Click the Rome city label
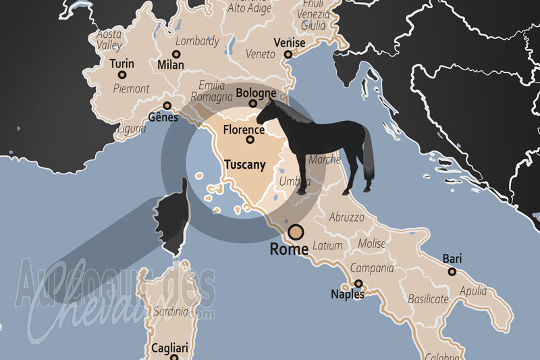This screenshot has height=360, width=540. tap(289, 249)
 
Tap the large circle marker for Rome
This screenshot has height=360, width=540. tap(296, 233)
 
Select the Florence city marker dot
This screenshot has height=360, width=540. tap(250, 140)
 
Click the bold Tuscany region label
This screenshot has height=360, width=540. tap(244, 164)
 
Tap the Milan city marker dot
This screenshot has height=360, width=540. tap(177, 54)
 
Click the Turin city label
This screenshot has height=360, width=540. tap(122, 64)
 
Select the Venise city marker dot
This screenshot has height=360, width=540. tap(288, 54)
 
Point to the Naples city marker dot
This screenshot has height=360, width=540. tap(358, 284)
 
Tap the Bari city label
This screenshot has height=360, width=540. tap(452, 259)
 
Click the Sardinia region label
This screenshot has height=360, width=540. tap(170, 311)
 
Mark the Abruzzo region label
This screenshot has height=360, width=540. tap(347, 217)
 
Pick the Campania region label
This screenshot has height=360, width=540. tap(372, 268)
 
